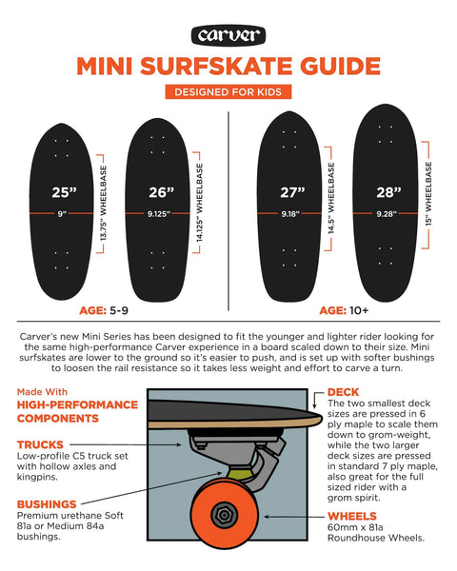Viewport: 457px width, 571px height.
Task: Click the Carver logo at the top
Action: [228, 35]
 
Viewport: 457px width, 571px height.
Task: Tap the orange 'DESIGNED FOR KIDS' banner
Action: [228, 92]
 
